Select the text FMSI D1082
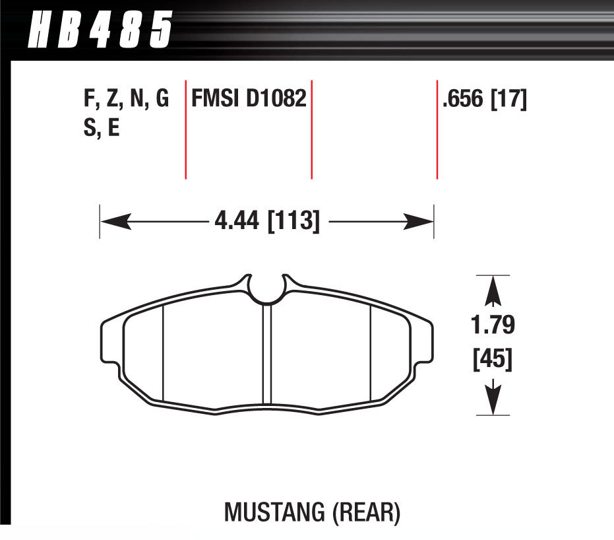[x=249, y=100]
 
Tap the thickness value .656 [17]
[x=484, y=100]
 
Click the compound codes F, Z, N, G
[x=126, y=100]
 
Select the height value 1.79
[x=493, y=325]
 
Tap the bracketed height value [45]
[x=493, y=360]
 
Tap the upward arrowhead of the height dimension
[x=493, y=290]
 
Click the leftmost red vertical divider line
[x=185, y=129]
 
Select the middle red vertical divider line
[x=311, y=129]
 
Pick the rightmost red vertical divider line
[x=437, y=129]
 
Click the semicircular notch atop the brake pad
[x=267, y=288]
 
